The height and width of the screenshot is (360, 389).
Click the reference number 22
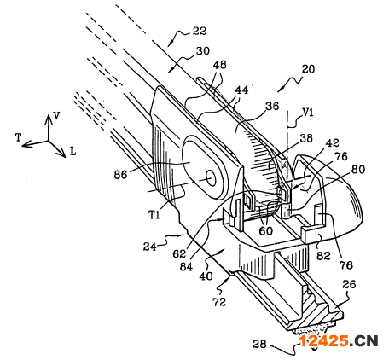point(199,31)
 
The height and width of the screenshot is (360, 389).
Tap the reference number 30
point(203,51)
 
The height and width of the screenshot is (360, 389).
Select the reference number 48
point(219,65)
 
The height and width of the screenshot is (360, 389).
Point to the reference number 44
point(241,90)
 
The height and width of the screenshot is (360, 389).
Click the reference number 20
point(308,69)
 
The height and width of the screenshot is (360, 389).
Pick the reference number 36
point(272,106)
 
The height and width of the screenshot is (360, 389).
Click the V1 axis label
point(308,113)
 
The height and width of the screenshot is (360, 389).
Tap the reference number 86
point(120,174)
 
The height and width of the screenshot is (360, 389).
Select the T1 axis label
point(154,215)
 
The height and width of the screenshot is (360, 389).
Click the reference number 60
point(265,231)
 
